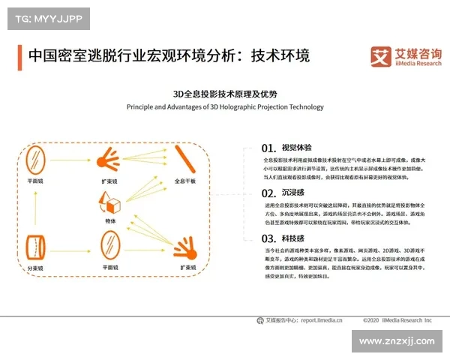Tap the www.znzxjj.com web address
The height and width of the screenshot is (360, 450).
pyautogui.click(x=397, y=341)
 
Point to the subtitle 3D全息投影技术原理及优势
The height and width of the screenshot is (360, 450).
pyautogui.click(x=224, y=94)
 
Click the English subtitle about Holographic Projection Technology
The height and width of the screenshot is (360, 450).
pyautogui.click(x=224, y=106)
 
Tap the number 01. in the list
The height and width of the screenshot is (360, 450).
pyautogui.click(x=269, y=148)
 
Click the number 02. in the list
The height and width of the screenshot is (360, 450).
pyautogui.click(x=269, y=192)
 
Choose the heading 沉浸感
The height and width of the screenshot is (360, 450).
pyautogui.click(x=292, y=192)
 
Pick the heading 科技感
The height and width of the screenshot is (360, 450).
pyautogui.click(x=292, y=238)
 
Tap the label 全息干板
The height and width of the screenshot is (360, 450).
pyautogui.click(x=185, y=181)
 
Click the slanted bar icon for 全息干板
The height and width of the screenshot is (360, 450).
pyautogui.click(x=185, y=158)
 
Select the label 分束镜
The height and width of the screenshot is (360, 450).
pyautogui.click(x=34, y=268)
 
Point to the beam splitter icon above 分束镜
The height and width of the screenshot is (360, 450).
pyautogui.click(x=34, y=247)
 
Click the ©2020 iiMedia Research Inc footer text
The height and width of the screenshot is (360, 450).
pyautogui.click(x=397, y=320)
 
